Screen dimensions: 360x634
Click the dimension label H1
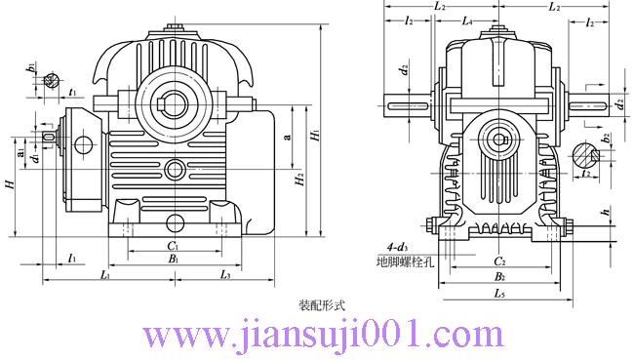314,139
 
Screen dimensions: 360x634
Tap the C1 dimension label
172,247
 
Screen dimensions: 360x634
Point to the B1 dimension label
172,260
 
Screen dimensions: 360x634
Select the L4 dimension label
467,20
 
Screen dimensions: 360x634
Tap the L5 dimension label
498,292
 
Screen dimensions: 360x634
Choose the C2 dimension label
498,261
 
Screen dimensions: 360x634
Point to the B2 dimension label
498,276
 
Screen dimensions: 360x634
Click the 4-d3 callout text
397,248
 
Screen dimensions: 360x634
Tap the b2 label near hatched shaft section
606,138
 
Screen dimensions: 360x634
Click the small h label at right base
605,212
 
